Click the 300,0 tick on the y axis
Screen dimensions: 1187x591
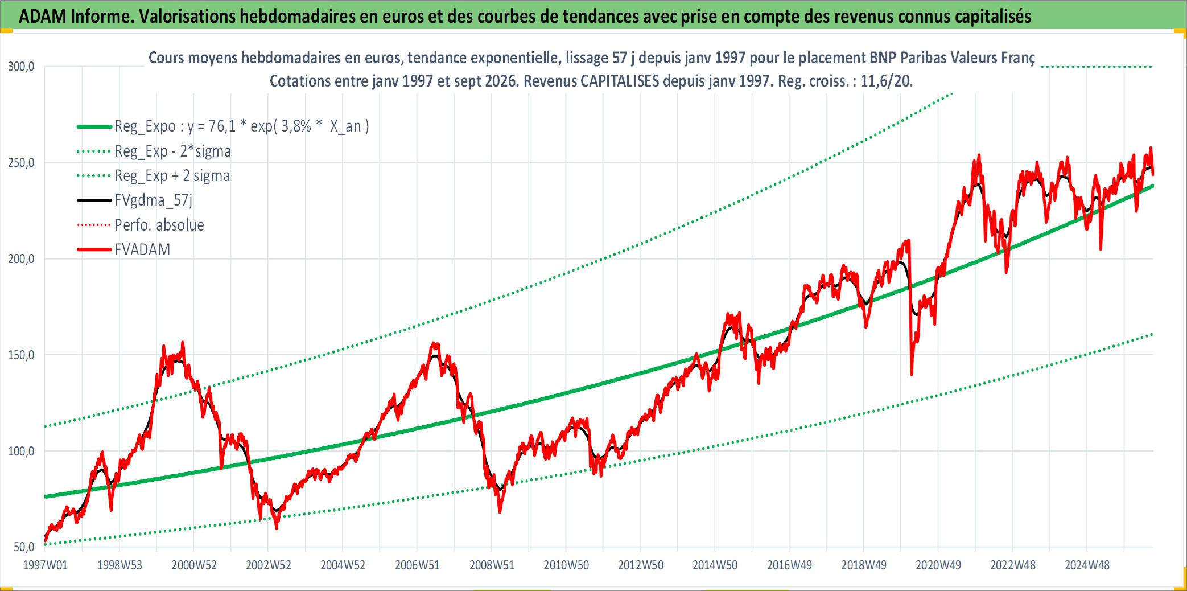point(21,67)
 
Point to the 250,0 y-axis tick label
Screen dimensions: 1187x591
point(21,163)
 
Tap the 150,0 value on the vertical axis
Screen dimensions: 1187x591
point(21,355)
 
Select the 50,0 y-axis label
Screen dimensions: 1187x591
point(24,547)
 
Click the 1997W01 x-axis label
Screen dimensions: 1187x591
point(45,565)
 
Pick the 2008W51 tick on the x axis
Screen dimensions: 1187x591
point(492,565)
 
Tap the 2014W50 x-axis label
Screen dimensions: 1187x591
point(715,565)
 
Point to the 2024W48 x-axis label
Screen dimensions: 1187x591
point(1087,565)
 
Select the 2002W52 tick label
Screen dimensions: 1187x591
point(269,565)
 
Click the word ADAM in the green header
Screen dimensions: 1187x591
point(43,17)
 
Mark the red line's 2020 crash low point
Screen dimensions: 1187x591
point(912,375)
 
